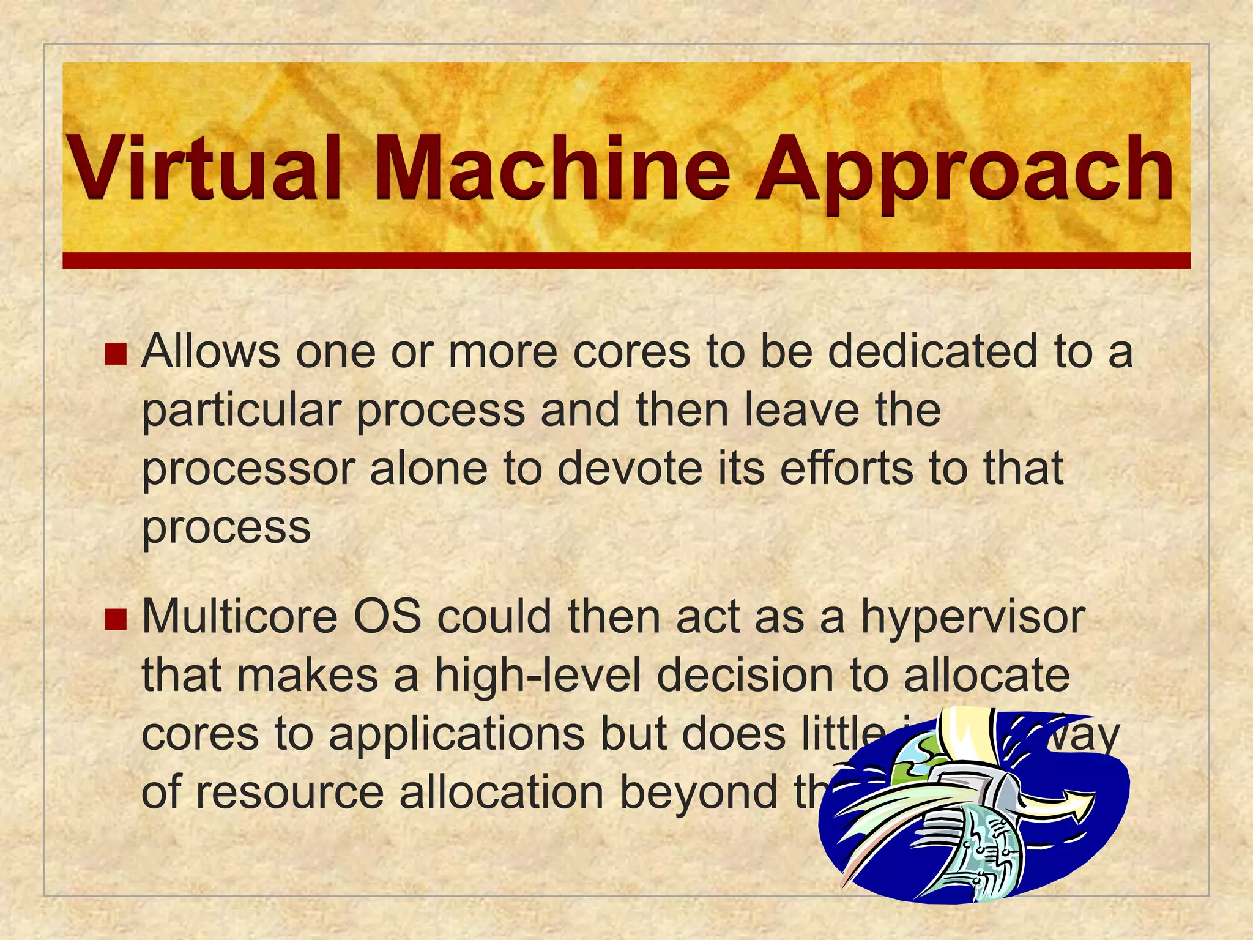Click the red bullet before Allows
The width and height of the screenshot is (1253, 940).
click(115, 354)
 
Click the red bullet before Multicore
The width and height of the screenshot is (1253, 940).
click(115, 619)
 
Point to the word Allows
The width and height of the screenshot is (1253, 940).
click(210, 351)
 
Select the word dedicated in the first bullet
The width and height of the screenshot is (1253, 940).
click(933, 351)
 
